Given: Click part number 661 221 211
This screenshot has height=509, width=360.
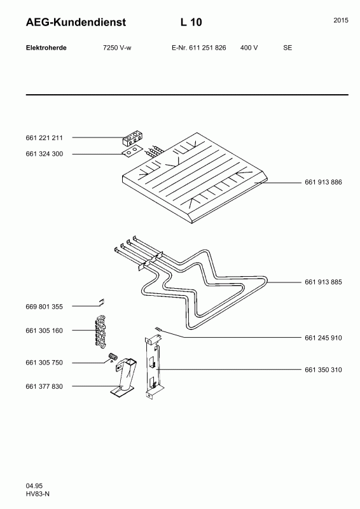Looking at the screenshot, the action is click(x=44, y=137).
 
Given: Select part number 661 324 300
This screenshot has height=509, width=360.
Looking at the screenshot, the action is click(x=44, y=154).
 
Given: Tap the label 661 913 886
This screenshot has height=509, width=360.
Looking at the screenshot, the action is click(x=323, y=182).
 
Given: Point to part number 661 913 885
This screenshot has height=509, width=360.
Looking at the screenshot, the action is click(x=323, y=282).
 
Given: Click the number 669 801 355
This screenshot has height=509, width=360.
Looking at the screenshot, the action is click(x=44, y=307).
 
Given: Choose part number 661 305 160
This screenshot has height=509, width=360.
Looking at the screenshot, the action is click(x=44, y=330).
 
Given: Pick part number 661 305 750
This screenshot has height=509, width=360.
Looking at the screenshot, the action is click(x=44, y=363).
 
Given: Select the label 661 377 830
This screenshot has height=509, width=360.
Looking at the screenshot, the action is click(x=44, y=386).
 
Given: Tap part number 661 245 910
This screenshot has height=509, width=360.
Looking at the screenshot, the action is click(x=323, y=338).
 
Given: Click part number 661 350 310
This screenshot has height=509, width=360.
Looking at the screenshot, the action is click(x=323, y=370).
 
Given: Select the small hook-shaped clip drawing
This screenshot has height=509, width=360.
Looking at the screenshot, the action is click(x=102, y=302).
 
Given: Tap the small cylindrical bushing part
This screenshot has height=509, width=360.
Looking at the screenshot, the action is click(x=113, y=357).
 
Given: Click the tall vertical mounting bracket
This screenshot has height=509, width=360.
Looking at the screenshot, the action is click(x=153, y=366).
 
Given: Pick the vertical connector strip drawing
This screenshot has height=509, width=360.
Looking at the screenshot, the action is click(x=101, y=331).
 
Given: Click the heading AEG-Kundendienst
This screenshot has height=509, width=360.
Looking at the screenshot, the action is click(x=76, y=22).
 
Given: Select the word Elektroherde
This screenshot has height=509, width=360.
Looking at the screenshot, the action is click(x=46, y=48).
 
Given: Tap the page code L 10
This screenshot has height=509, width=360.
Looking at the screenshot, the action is click(x=191, y=22).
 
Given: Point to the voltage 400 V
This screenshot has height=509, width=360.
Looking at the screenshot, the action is click(x=249, y=48).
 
